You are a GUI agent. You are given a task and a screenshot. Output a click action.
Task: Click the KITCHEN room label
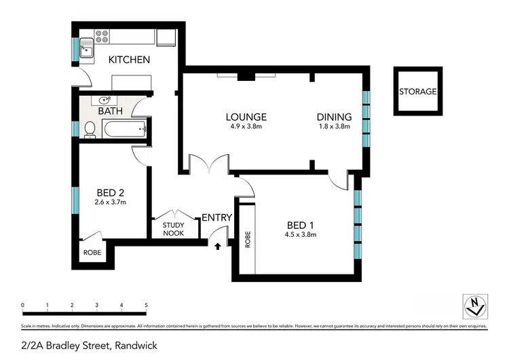pyautogui.click(x=130, y=60)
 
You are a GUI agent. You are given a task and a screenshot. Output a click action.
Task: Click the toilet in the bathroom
pyautogui.click(x=89, y=128)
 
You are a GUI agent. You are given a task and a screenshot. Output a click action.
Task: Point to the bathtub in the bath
pyautogui.click(x=123, y=129)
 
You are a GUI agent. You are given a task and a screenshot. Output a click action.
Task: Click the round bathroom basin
pyautogui.click(x=105, y=101)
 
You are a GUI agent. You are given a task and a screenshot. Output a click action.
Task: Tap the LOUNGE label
pyautogui.click(x=246, y=117)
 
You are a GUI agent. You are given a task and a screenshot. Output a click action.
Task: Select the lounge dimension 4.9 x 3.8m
pyautogui.click(x=246, y=126)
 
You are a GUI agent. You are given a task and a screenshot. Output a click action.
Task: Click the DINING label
pyautogui.click(x=334, y=117)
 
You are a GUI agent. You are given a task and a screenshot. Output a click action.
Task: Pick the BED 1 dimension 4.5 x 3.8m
pyautogui.click(x=301, y=234)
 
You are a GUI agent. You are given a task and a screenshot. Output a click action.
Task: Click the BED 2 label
pyautogui.click(x=109, y=193)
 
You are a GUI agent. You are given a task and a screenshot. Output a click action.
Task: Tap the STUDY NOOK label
pyautogui.click(x=174, y=229)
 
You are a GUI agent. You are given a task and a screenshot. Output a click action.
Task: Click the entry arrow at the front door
pyautogui.click(x=217, y=246)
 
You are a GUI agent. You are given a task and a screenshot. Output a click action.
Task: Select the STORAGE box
pyautogui.click(x=417, y=92)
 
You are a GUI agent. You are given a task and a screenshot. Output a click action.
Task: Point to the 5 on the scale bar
pyautogui.click(x=146, y=305)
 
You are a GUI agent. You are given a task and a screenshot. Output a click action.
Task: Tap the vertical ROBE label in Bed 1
pyautogui.click(x=248, y=239)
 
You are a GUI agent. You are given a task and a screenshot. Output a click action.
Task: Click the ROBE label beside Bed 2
pyautogui.click(x=92, y=251)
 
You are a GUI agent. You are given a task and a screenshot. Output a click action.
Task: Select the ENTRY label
pyautogui.click(x=217, y=218)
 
